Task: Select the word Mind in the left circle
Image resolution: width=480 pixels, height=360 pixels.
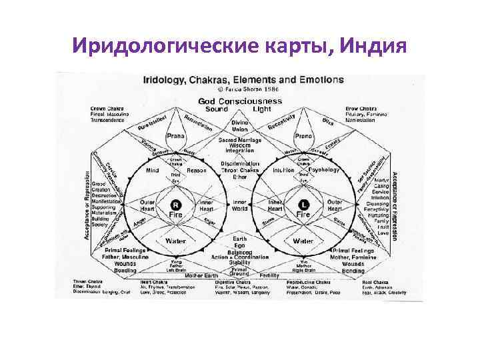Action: click(152, 170)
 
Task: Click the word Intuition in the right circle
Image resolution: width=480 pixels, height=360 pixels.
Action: click(284, 170)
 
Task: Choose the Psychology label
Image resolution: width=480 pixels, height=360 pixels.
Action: click(325, 170)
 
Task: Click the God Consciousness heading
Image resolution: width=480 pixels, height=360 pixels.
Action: click(240, 101)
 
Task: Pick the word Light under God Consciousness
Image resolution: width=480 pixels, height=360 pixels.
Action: click(262, 109)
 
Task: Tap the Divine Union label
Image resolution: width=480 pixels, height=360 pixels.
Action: click(240, 126)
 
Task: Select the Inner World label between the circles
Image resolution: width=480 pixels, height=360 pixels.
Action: click(240, 204)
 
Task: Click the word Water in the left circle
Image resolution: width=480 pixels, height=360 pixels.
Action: click(176, 241)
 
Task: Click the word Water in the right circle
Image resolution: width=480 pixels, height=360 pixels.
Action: click(303, 241)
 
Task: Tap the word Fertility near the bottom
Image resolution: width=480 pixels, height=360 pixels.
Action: click(269, 275)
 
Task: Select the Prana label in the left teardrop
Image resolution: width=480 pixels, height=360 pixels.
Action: click(175, 136)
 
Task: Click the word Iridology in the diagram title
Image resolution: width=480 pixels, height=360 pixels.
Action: click(164, 79)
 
